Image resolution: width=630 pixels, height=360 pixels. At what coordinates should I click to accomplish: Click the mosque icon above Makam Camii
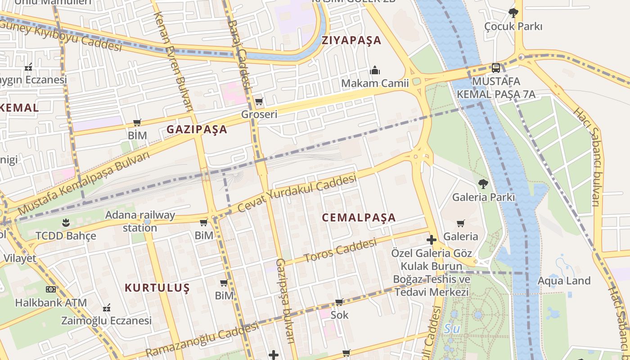pyautogui.click(x=375, y=70)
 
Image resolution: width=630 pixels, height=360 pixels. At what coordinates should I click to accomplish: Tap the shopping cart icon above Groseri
pyautogui.click(x=259, y=102)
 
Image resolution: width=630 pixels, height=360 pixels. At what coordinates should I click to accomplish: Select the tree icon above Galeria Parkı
pyautogui.click(x=483, y=184)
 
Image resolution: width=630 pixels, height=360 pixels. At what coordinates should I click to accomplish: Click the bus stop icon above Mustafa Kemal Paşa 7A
pyautogui.click(x=496, y=68)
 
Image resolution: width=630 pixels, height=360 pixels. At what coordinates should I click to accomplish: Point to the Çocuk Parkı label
pyautogui.click(x=513, y=26)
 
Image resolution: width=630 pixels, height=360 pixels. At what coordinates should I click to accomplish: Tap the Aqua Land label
pyautogui.click(x=564, y=281)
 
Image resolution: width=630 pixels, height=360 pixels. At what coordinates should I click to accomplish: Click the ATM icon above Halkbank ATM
pyautogui.click(x=51, y=289)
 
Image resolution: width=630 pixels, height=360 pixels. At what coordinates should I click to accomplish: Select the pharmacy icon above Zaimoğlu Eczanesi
pyautogui.click(x=107, y=308)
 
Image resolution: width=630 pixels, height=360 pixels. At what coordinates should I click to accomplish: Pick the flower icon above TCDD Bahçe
pyautogui.click(x=66, y=223)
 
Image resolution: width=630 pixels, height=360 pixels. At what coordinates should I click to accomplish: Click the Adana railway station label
pyautogui.click(x=140, y=221)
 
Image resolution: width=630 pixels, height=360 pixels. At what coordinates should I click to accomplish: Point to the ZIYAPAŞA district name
pyautogui.click(x=351, y=40)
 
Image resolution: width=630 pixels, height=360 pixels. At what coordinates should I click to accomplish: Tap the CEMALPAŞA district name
pyautogui.click(x=359, y=218)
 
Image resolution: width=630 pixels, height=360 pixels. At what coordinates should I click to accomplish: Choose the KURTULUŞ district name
pyautogui.click(x=157, y=288)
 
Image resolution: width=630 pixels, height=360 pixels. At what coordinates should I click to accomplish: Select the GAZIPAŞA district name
pyautogui.click(x=197, y=130)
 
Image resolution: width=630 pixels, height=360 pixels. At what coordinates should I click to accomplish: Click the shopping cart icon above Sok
pyautogui.click(x=339, y=302)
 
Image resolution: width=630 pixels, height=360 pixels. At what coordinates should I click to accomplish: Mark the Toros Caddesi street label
pyautogui.click(x=340, y=251)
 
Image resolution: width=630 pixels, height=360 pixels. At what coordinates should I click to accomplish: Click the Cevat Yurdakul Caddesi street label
pyautogui.click(x=297, y=193)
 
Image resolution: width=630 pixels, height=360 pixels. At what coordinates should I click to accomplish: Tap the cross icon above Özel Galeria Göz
pyautogui.click(x=432, y=240)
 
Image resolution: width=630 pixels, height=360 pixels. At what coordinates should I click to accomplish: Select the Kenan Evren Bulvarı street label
pyautogui.click(x=173, y=61)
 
